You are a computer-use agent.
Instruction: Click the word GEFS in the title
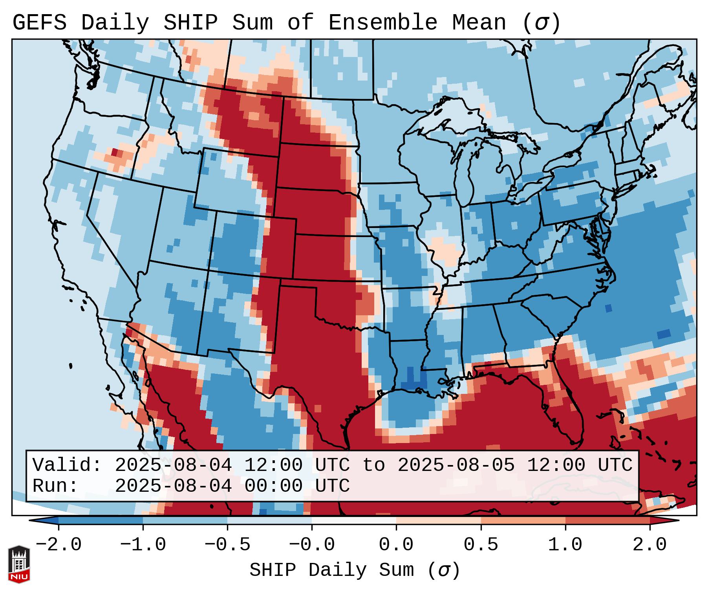click(x=39, y=23)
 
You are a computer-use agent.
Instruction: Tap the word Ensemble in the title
click(x=382, y=23)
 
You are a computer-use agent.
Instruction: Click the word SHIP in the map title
click(x=190, y=23)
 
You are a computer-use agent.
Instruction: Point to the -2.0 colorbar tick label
click(x=59, y=545)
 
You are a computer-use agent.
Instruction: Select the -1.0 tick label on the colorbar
click(x=143, y=545)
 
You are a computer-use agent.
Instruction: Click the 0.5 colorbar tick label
click(x=481, y=545)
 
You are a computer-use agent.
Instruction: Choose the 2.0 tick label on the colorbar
click(x=650, y=545)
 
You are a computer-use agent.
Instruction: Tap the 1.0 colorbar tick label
click(x=565, y=545)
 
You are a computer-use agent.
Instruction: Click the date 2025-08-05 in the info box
click(x=456, y=465)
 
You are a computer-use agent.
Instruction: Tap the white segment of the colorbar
click(x=354, y=520)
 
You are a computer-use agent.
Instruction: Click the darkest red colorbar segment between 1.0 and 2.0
click(x=607, y=520)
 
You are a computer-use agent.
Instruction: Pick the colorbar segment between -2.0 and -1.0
click(x=101, y=520)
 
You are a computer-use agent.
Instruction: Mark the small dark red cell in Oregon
click(x=115, y=152)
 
